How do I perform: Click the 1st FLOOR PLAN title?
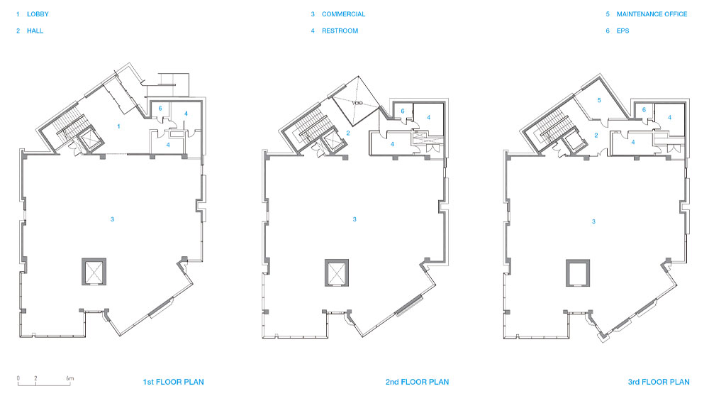(x=173, y=382)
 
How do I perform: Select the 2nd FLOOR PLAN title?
(x=417, y=382)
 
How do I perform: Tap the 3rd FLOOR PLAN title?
(x=659, y=382)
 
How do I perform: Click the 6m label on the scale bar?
(x=69, y=378)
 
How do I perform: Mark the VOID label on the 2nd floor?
(x=357, y=103)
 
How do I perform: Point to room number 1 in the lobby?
(x=118, y=126)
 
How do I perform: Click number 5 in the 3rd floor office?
(x=599, y=100)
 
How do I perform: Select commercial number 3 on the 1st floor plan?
(x=112, y=219)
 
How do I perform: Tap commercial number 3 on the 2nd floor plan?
(x=354, y=219)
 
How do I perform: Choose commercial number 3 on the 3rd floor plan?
(x=593, y=221)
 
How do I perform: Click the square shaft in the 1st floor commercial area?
(x=94, y=272)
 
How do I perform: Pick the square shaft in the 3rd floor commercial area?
(x=578, y=273)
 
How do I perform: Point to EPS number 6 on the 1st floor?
(x=160, y=108)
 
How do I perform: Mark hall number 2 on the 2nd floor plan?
(x=348, y=133)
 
